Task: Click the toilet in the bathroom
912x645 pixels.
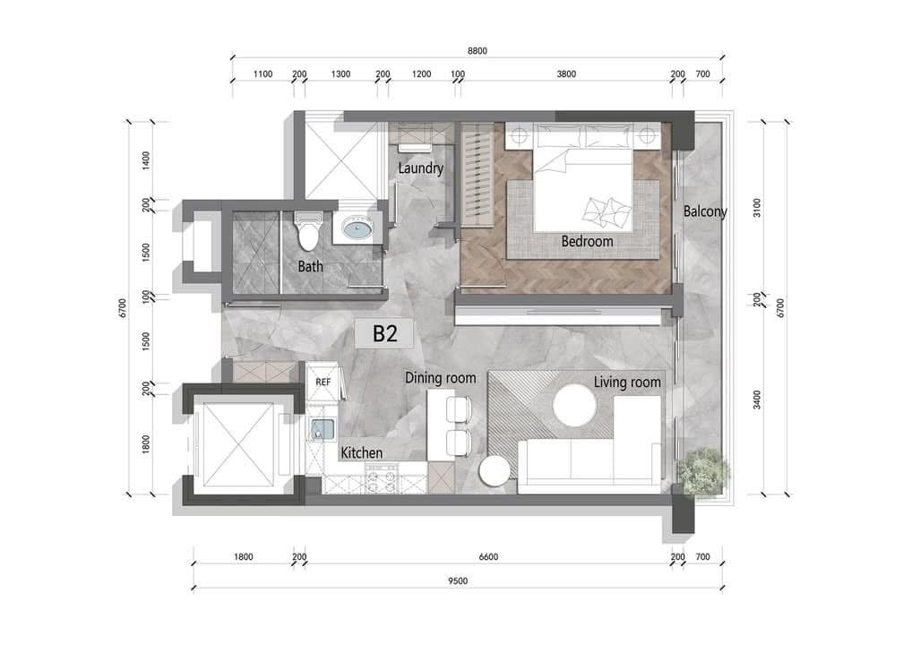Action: (x=307, y=230)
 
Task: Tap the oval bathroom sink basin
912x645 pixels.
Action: (x=358, y=228)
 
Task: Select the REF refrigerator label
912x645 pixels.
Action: (x=323, y=383)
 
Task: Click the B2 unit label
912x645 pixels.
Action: (x=384, y=334)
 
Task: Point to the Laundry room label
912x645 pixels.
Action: (x=420, y=168)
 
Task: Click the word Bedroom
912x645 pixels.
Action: (x=587, y=241)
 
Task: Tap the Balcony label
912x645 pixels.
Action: (x=705, y=211)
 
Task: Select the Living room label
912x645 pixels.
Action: (x=627, y=383)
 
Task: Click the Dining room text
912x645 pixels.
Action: (x=440, y=378)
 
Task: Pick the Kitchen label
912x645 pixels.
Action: (x=362, y=452)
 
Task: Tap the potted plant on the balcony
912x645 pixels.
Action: (x=703, y=472)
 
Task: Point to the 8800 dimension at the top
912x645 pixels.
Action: (x=478, y=50)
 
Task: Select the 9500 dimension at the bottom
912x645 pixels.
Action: (x=458, y=580)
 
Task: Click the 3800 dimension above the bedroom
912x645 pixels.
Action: (x=566, y=73)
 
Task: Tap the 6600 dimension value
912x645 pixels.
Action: (x=488, y=556)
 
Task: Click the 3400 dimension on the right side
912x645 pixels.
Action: (x=756, y=400)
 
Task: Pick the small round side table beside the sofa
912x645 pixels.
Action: (x=495, y=471)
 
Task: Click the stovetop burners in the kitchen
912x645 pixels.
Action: (x=381, y=479)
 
